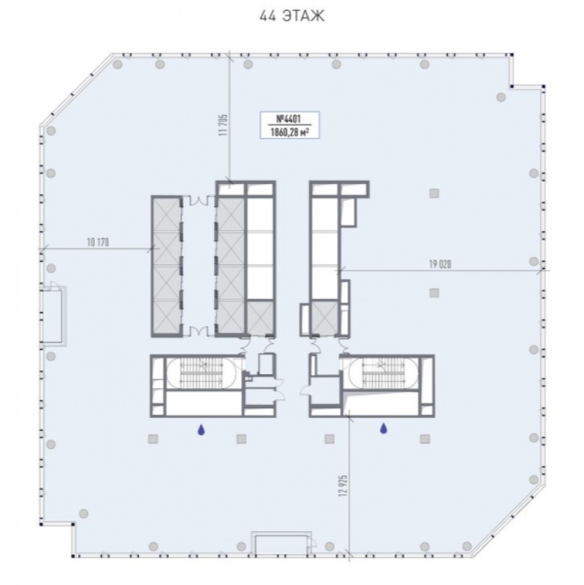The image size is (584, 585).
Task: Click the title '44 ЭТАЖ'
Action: click(x=292, y=16)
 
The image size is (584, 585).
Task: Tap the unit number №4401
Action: click(x=289, y=119)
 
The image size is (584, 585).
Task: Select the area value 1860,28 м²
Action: click(x=289, y=132)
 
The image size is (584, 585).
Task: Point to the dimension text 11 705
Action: click(x=224, y=125)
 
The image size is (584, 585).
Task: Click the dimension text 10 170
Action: click(x=98, y=242)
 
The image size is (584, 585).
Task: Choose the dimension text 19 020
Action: click(x=440, y=265)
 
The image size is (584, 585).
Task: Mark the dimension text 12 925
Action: click(x=343, y=485)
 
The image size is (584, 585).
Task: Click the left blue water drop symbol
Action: click(x=201, y=430)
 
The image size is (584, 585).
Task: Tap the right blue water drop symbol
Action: click(x=383, y=429)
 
